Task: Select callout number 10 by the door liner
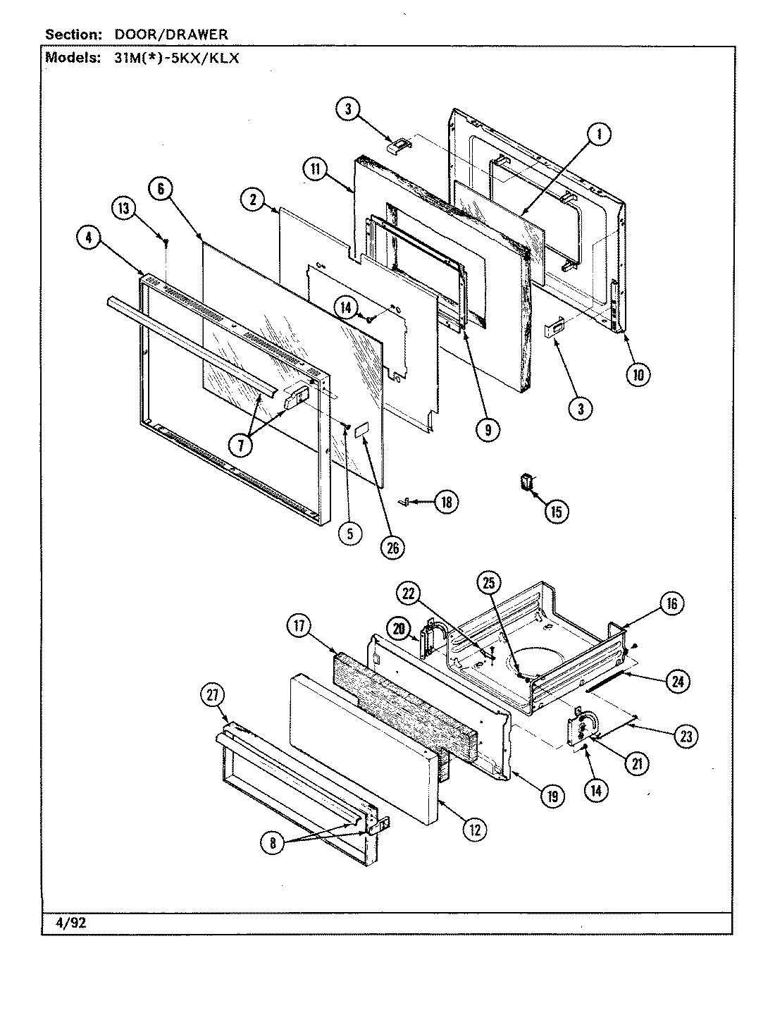[x=638, y=374]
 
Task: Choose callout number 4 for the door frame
[x=89, y=238]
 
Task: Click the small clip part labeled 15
[x=525, y=481]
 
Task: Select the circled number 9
[x=488, y=429]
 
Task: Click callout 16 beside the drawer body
[x=671, y=603]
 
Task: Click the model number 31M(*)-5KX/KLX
[x=176, y=58]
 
